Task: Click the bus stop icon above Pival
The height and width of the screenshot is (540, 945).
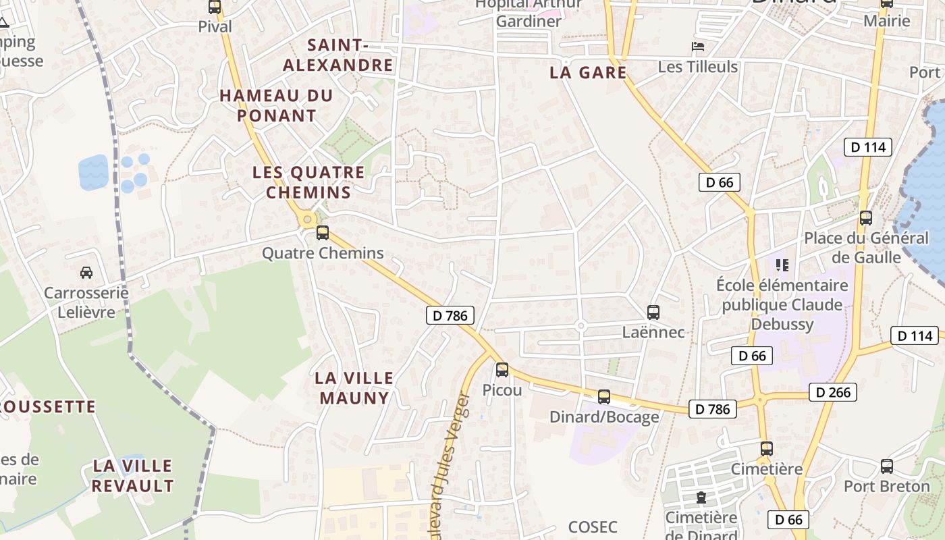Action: (215, 7)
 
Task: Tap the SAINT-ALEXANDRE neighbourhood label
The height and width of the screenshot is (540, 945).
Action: (337, 55)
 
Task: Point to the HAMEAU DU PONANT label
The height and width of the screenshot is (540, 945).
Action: (276, 105)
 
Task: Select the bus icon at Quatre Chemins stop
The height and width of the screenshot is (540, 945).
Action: (323, 233)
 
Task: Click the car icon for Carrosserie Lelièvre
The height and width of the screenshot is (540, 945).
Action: (86, 272)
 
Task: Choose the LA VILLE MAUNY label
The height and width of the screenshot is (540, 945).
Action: (354, 387)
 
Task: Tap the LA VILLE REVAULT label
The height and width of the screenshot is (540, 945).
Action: (133, 475)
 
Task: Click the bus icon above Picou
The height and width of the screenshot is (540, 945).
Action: (502, 370)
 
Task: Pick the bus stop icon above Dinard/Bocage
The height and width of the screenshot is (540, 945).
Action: (604, 397)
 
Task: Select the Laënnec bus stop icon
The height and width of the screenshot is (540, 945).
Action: (653, 313)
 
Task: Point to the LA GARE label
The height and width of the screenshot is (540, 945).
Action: (588, 72)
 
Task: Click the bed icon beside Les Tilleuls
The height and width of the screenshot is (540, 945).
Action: (698, 47)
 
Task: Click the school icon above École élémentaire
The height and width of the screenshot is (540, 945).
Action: (782, 265)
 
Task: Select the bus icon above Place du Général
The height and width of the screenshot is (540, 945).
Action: (866, 218)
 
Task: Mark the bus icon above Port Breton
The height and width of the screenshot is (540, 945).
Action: (887, 466)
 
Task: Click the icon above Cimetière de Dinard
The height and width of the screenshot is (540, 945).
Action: (701, 498)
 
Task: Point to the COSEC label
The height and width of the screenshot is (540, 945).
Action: (593, 526)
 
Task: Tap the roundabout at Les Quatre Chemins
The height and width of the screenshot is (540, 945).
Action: (307, 218)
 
